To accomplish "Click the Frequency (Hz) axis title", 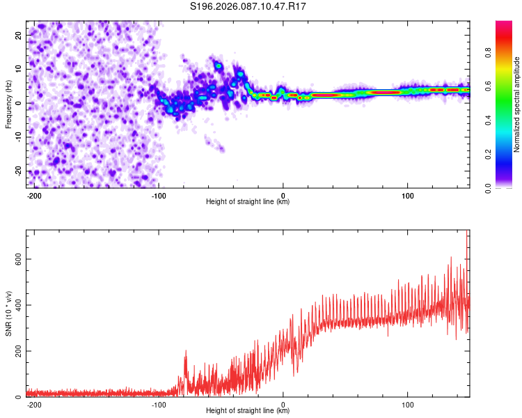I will point(8,104).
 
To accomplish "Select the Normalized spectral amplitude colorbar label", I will point(517,104).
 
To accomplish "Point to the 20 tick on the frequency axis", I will point(19,34).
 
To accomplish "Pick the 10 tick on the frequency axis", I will point(19,68).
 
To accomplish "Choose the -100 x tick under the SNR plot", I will point(159,403).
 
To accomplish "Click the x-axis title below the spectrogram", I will point(248,202).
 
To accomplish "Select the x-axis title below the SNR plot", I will point(248,411).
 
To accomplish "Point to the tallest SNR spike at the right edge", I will point(466,233).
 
